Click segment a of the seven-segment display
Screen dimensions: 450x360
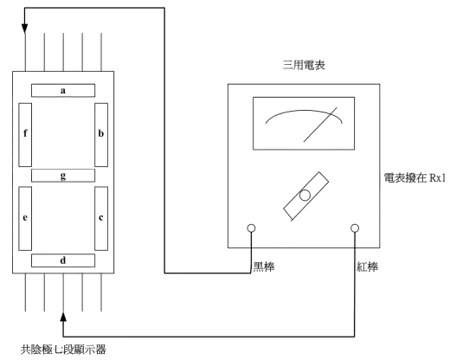[63, 91]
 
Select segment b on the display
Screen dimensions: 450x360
[101, 135]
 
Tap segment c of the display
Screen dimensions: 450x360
[101, 218]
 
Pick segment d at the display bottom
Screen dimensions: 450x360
[63, 260]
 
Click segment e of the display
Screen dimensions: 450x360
[25, 218]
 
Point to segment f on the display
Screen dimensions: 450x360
[25, 135]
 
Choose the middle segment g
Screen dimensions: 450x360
[63, 176]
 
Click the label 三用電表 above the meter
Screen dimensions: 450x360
[304, 65]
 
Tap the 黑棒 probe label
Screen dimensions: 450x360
[264, 267]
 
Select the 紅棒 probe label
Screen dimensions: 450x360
[367, 267]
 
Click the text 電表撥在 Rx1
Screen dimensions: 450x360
[415, 177]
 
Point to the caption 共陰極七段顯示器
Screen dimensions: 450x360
[63, 350]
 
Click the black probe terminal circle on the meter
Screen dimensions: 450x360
[251, 228]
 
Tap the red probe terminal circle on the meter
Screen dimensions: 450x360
[355, 228]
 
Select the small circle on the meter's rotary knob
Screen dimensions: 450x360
[305, 196]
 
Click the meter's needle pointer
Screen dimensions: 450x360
[320, 125]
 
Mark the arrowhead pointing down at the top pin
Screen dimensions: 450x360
[24, 29]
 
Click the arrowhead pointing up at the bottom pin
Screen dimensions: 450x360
[63, 317]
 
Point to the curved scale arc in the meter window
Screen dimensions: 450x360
[304, 111]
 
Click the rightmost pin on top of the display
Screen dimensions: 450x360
[101, 52]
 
